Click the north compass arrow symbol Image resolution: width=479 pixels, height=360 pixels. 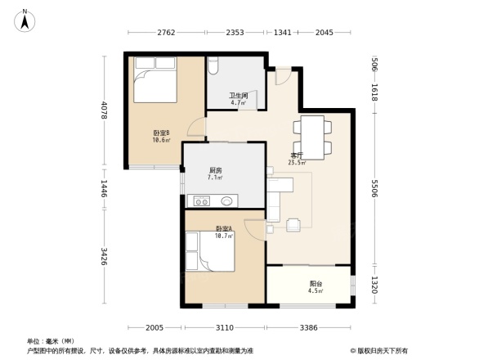(x=25, y=19)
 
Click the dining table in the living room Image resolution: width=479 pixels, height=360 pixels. (x=313, y=136)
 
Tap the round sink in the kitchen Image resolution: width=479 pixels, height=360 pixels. (x=226, y=200)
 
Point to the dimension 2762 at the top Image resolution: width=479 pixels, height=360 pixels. (x=167, y=33)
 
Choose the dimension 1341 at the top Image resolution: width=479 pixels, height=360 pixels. (x=283, y=33)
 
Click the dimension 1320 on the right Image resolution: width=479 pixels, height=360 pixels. (x=374, y=284)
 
